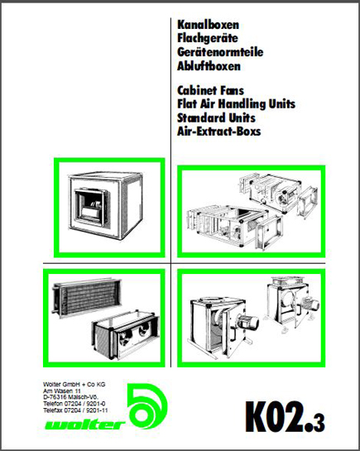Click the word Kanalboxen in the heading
208,25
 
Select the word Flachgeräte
208,38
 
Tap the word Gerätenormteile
220,52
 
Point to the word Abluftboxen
209,66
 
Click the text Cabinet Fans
210,90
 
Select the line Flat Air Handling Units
236,103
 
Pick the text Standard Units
216,118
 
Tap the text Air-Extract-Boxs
218,132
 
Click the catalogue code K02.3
285,417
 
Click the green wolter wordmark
85,425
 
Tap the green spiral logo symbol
147,407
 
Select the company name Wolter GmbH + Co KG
74,384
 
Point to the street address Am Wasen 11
62,391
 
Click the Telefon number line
74,404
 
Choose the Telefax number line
75,410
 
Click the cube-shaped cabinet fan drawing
106,205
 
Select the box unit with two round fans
126,334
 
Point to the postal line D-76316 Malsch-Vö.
70,397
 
